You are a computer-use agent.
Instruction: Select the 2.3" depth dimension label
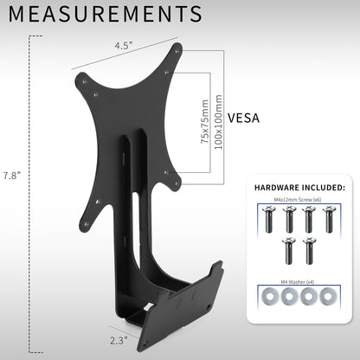click(119, 340)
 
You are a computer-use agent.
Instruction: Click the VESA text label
click(245, 119)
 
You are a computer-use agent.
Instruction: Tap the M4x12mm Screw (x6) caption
click(297, 200)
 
